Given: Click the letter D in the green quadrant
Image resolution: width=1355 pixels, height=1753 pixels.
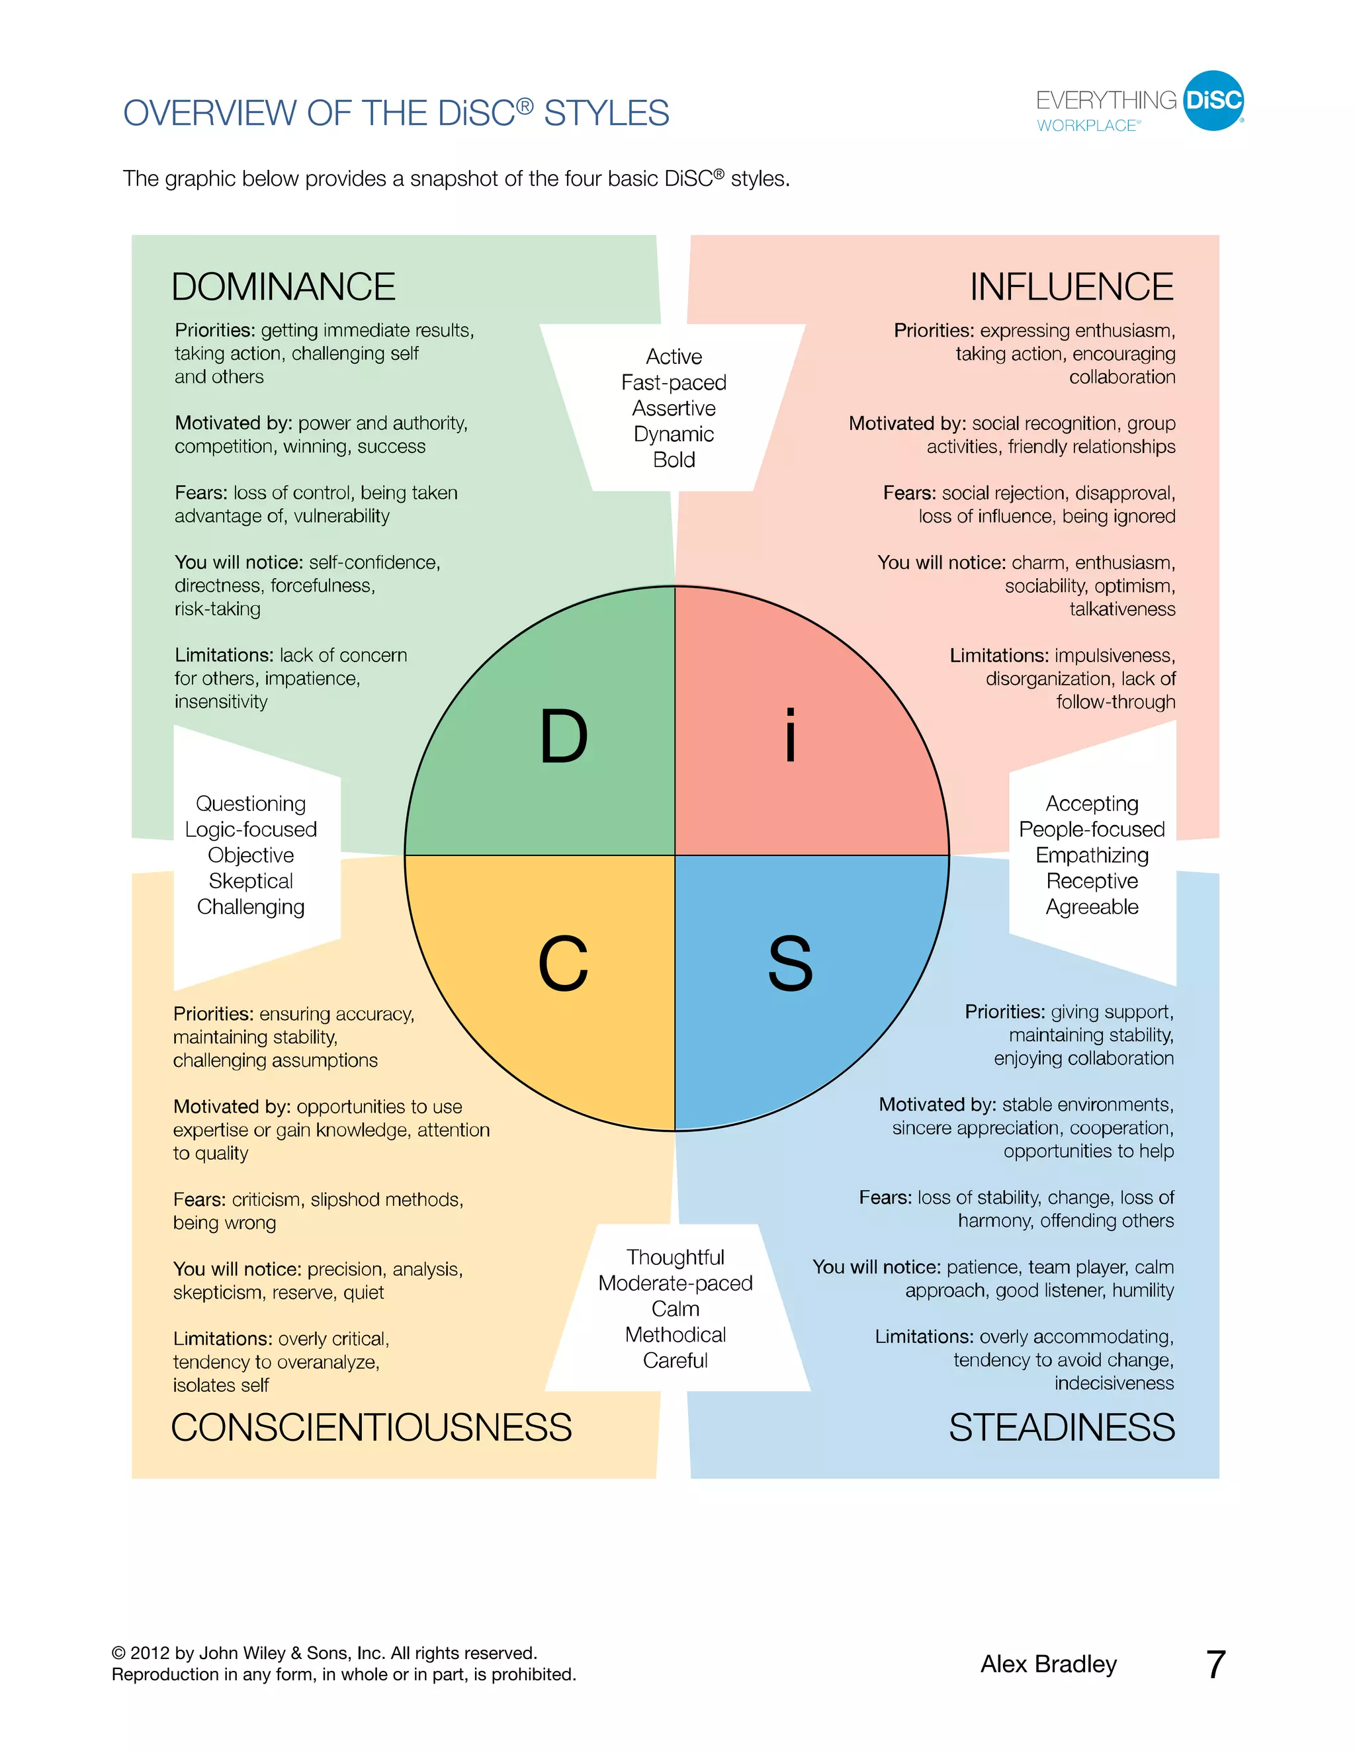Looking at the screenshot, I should (x=564, y=736).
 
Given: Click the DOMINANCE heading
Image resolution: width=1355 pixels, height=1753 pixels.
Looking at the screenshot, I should (x=283, y=287).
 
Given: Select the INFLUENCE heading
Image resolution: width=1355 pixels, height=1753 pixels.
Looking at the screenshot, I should (x=1071, y=287).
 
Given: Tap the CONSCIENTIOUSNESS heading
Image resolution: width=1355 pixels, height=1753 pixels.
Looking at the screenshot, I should (x=371, y=1428).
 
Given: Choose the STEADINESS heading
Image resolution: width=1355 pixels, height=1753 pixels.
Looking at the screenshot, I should (x=1061, y=1428).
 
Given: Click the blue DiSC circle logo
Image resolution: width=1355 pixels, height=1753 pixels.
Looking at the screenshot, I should (x=1213, y=101).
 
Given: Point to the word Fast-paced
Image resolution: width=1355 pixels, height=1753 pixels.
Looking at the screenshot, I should (x=674, y=383).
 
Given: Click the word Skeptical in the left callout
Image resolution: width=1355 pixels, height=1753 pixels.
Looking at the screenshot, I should (x=251, y=881).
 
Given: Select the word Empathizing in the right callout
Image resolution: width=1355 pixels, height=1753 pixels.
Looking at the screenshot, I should (x=1092, y=855).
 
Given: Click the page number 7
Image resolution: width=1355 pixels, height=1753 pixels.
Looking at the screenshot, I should (x=1215, y=1665).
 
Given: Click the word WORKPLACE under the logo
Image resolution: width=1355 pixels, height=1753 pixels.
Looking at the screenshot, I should (x=1087, y=126).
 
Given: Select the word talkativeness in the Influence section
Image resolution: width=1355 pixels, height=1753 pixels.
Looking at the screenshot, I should (x=1121, y=609).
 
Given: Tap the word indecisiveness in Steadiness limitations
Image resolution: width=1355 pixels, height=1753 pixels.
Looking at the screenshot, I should (x=1114, y=1383).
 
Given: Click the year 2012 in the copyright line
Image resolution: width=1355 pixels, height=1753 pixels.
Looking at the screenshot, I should (x=150, y=1654).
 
